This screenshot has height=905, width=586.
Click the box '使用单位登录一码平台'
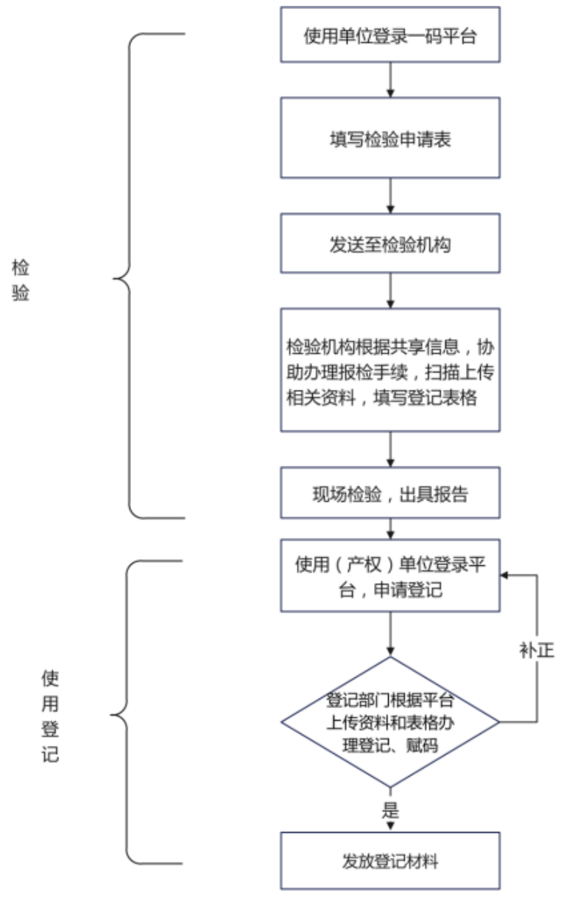tap(390, 35)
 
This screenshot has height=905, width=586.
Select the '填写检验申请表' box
tap(390, 138)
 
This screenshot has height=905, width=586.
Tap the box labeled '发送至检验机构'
tap(390, 243)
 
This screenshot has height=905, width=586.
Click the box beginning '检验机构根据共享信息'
tap(390, 370)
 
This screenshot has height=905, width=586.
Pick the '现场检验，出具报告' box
tap(390, 493)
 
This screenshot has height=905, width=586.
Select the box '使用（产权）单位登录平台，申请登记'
tap(390, 576)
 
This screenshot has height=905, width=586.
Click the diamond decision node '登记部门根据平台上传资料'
tap(390, 722)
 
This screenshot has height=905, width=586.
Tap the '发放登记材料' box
tap(390, 861)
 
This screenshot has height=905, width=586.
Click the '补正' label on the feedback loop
tap(537, 651)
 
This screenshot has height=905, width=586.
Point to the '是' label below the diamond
tap(390, 809)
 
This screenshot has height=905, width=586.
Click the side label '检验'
tap(21, 279)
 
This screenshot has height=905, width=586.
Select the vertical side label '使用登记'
tap(50, 716)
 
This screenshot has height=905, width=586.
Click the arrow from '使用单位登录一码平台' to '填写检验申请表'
tap(390, 80)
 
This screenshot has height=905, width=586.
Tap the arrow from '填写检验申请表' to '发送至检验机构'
tap(390, 196)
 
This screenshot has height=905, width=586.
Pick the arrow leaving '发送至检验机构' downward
tap(390, 291)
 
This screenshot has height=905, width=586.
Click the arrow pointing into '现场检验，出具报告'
tap(390, 450)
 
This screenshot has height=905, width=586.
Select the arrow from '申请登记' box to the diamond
tap(390, 635)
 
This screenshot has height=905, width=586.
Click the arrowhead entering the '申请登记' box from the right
tap(504, 575)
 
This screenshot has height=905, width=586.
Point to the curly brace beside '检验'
tap(129, 276)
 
